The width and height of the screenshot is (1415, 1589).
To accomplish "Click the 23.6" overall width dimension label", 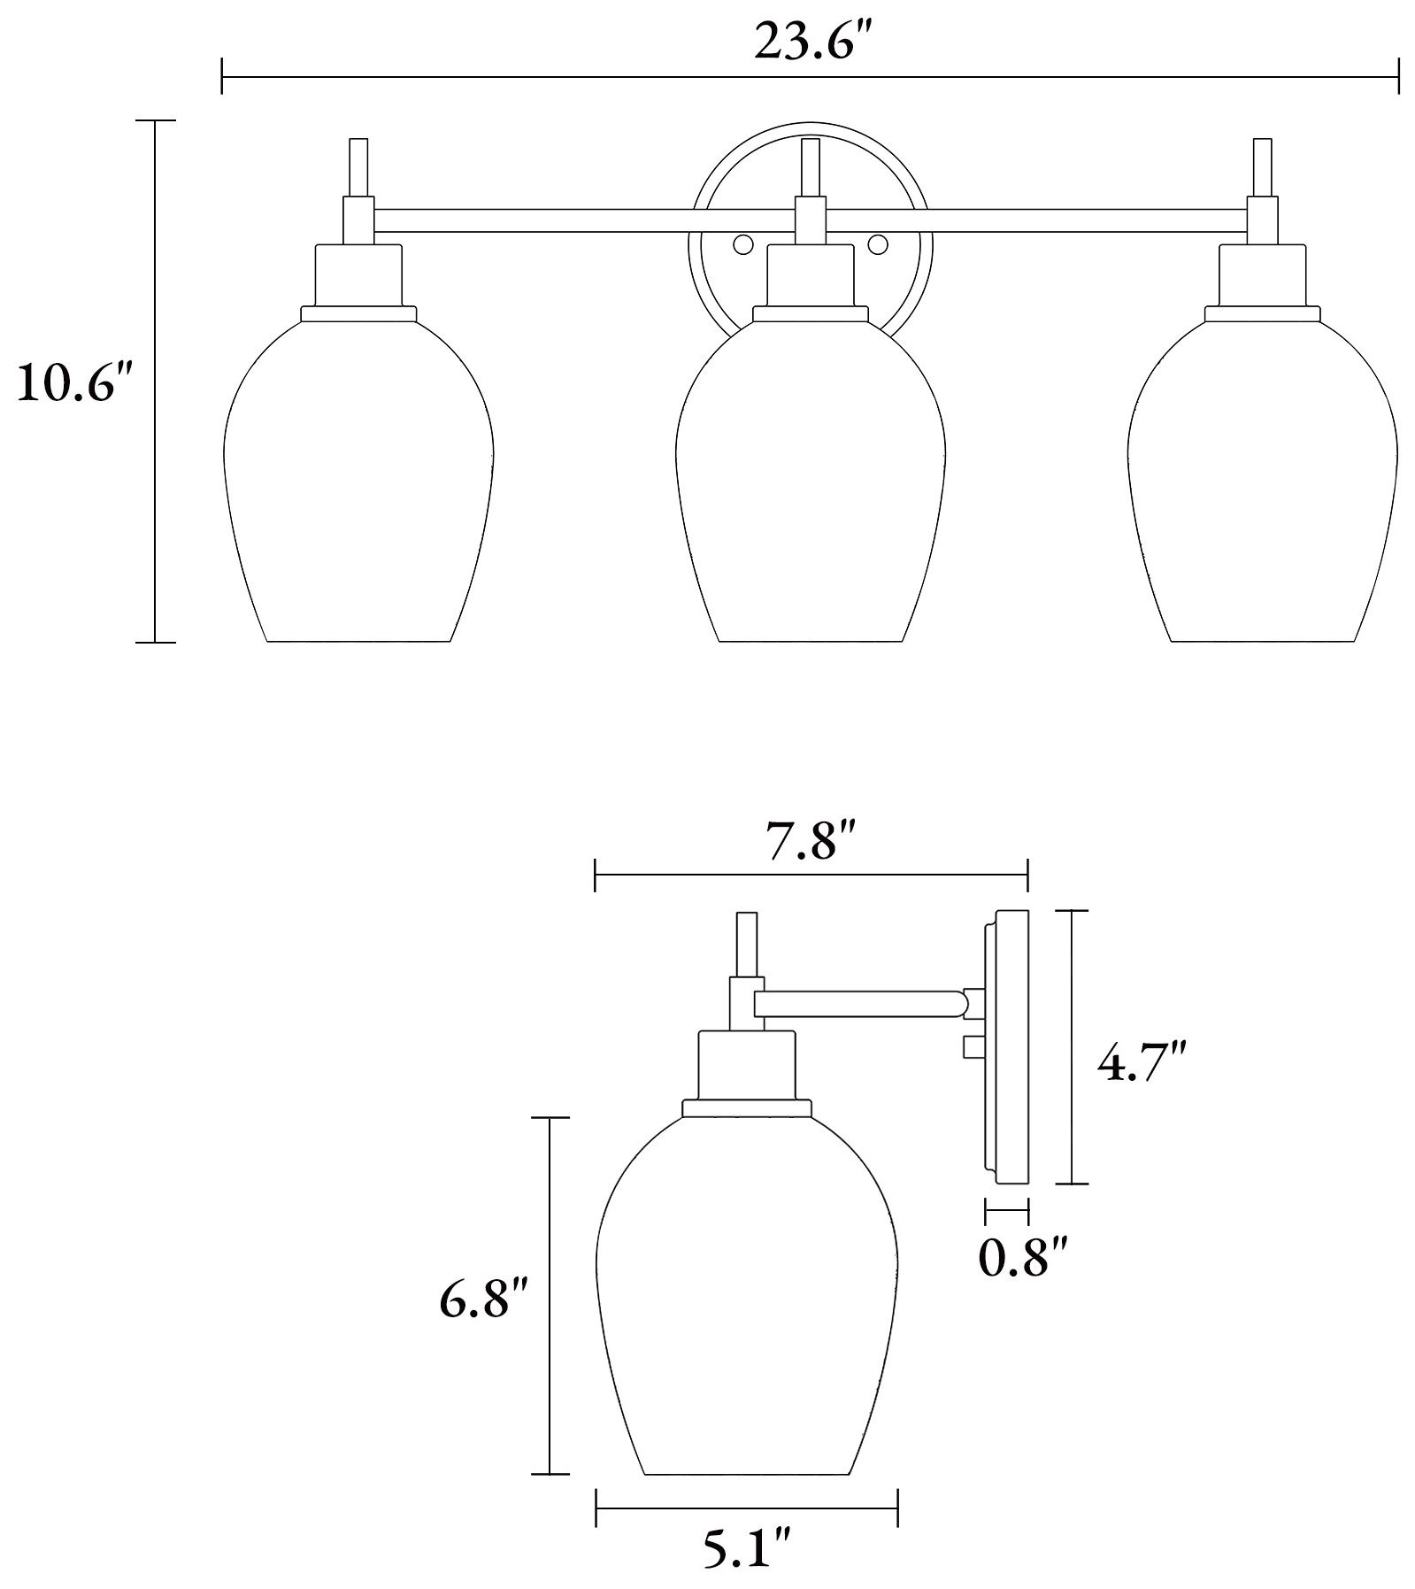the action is [x=809, y=42].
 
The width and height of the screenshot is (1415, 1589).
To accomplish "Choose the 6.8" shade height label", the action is [x=484, y=1300].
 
